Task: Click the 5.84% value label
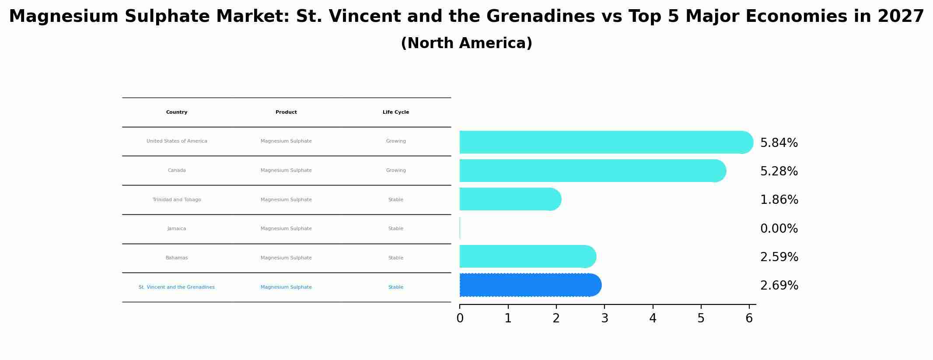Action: (779, 143)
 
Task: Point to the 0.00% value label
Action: (779, 229)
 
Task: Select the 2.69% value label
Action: (779, 286)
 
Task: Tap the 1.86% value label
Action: (779, 200)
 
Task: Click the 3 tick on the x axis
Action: (605, 318)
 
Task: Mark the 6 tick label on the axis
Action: (749, 318)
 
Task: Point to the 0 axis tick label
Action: (460, 318)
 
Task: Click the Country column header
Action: (177, 112)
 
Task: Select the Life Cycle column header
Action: (396, 112)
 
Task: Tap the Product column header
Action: (286, 112)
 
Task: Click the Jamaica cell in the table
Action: (177, 229)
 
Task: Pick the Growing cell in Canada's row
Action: (396, 171)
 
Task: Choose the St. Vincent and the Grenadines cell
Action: (177, 287)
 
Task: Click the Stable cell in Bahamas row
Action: (396, 258)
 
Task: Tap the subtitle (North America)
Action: (466, 43)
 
